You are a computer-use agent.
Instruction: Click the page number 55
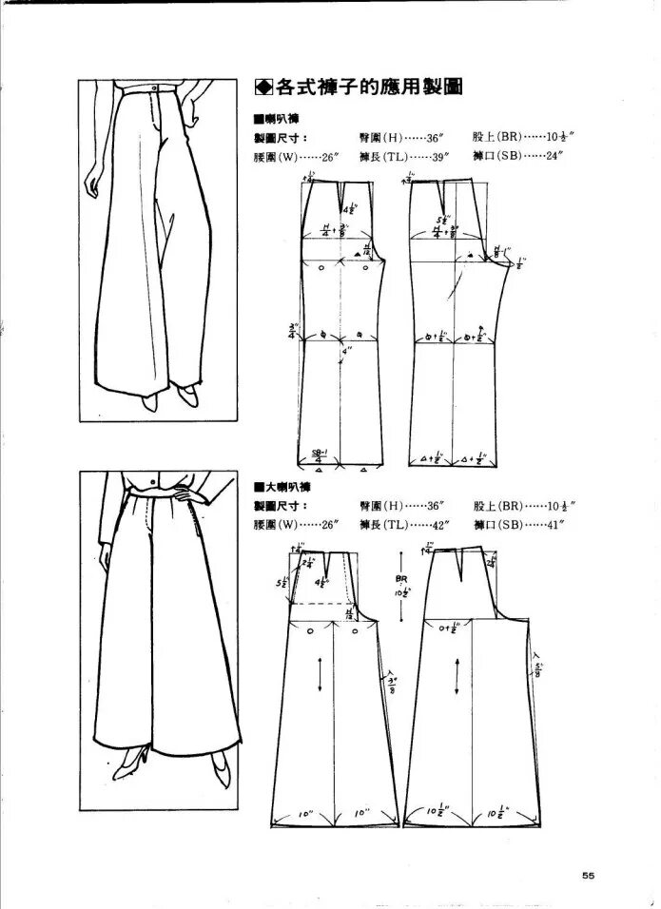click(x=588, y=877)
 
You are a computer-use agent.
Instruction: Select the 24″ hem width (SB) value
click(x=554, y=157)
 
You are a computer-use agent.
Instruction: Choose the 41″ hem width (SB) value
click(x=554, y=524)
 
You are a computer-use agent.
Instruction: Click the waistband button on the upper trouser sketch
click(x=154, y=88)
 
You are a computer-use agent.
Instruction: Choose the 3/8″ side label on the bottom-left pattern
click(x=391, y=683)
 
